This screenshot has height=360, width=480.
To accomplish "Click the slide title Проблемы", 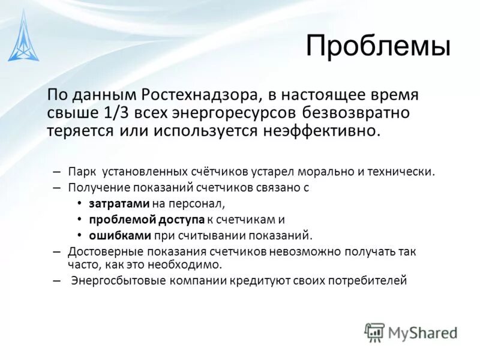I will (x=378, y=46).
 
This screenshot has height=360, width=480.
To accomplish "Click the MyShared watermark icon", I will (x=374, y=332).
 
